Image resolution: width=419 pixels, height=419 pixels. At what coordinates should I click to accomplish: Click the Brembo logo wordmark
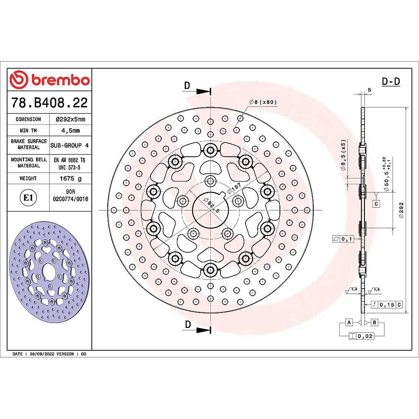click(x=60, y=80)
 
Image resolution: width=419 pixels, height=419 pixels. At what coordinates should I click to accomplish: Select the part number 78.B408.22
click(x=49, y=103)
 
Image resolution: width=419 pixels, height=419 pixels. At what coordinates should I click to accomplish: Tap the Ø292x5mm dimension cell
click(x=70, y=119)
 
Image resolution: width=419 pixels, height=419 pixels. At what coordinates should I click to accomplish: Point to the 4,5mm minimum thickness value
click(x=70, y=131)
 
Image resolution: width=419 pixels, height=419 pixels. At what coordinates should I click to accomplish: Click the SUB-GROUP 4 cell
click(x=70, y=145)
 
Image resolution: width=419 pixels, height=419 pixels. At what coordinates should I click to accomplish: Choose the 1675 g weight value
click(x=70, y=178)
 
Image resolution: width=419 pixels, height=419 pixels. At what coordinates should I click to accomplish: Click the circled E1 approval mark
click(x=28, y=198)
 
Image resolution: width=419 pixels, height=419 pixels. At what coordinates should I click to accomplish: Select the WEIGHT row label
click(x=28, y=178)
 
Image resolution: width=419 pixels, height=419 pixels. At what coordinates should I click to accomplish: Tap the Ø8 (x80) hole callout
click(x=263, y=102)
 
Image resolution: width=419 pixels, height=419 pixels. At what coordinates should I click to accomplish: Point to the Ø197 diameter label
click(x=234, y=188)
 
